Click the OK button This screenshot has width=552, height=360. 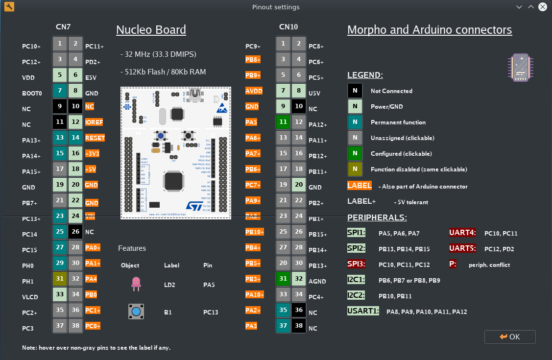click(510, 337)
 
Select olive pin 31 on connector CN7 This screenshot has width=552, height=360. click(60, 279)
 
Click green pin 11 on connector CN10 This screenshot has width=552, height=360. click(283, 122)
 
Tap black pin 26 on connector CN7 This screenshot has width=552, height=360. click(75, 232)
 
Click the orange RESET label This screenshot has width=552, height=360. click(95, 138)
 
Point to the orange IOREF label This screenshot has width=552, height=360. click(95, 122)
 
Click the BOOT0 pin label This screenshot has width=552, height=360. click(32, 93)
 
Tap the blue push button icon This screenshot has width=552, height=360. click(136, 312)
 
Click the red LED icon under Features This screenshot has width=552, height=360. click(136, 283)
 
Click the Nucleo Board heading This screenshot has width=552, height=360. click(151, 30)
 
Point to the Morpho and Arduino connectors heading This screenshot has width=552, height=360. click(430, 30)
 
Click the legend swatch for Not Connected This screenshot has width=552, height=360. click(355, 91)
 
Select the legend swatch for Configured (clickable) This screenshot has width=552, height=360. click(355, 153)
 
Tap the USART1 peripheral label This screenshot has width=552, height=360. click(363, 311)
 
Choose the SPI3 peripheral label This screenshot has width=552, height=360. click(357, 264)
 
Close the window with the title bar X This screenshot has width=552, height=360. click(543, 7)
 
